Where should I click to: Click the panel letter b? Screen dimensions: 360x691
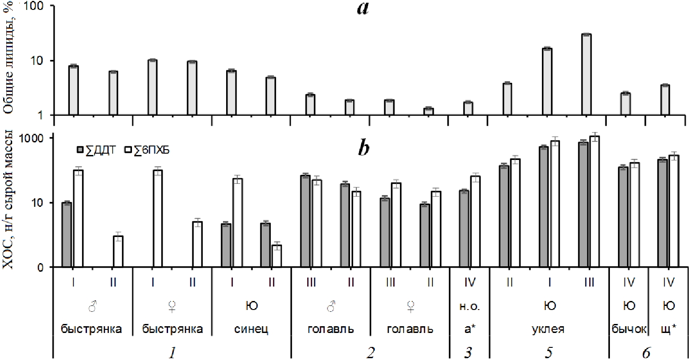pos(364,149)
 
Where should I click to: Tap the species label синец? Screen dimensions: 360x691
pos(251,329)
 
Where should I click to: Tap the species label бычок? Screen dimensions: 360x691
pos(629,329)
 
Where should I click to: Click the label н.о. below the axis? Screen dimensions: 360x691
pos(470,307)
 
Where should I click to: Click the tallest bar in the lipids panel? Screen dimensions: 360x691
pos(586,74)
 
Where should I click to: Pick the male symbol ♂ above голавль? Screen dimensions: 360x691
pos(331,307)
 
